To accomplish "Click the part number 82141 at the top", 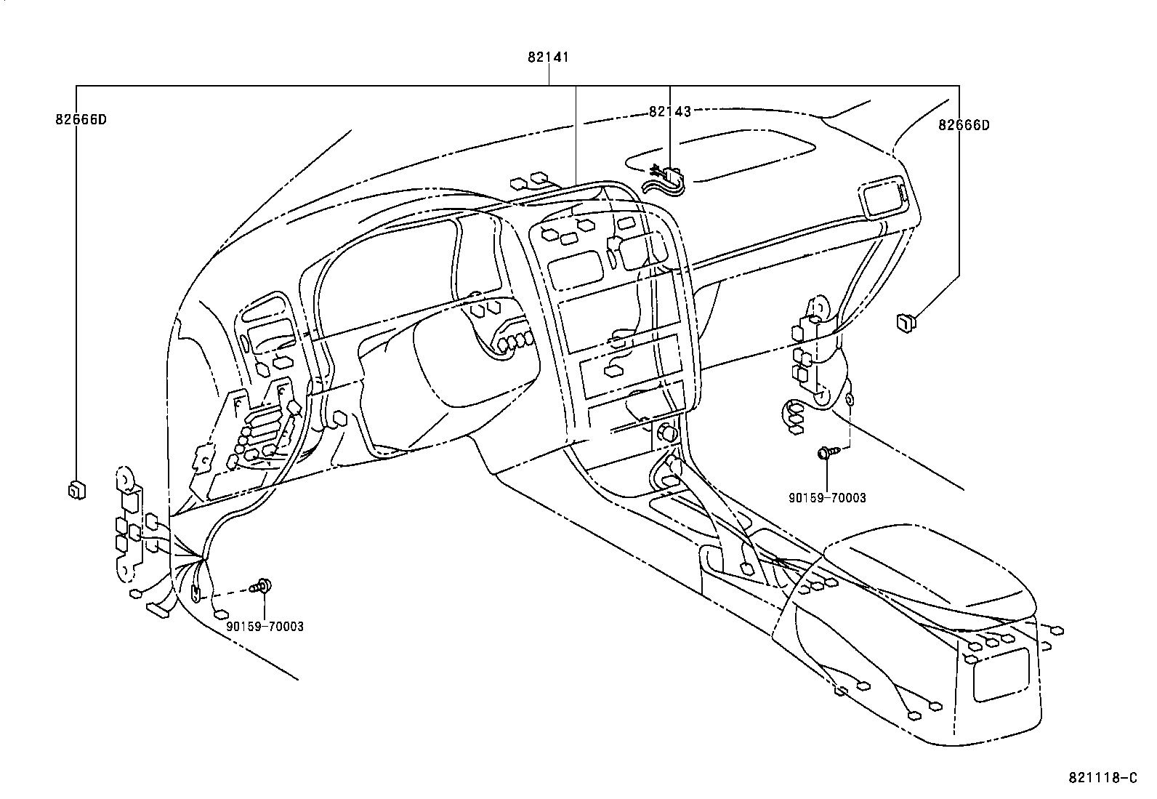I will [x=548, y=57].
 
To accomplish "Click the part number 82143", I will [x=669, y=111].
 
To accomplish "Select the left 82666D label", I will [x=81, y=119].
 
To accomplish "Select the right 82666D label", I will [x=963, y=125].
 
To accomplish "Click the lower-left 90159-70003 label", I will [x=265, y=626].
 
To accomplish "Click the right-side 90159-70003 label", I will [x=827, y=498].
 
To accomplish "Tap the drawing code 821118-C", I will [x=1102, y=778].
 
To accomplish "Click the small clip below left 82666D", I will [x=76, y=491].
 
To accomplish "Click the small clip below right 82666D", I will [x=906, y=321].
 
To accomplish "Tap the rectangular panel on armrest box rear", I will [x=1000, y=675].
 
